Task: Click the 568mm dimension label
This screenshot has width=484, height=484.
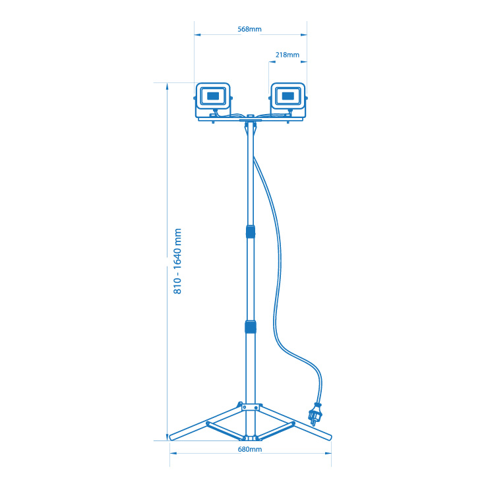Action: (249, 29)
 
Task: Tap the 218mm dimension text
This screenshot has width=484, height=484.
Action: (287, 55)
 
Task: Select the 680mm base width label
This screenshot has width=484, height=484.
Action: (250, 450)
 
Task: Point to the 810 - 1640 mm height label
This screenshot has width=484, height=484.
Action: (177, 261)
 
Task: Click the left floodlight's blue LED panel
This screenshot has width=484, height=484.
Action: (213, 96)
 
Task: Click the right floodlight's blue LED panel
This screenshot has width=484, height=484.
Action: (288, 96)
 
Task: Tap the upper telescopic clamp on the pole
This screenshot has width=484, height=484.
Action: (251, 231)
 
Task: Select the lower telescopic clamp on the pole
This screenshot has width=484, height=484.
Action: (251, 327)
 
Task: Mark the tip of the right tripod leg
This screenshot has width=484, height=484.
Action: (330, 437)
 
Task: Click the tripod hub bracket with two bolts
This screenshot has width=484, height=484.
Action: (251, 408)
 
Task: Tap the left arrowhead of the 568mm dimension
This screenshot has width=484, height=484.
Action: (197, 34)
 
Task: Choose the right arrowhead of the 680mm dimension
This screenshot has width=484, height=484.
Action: (328, 453)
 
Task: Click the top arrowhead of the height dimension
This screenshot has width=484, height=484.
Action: (167, 86)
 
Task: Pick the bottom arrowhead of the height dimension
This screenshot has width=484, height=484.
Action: (167, 437)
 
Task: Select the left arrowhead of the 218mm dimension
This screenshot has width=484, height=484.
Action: (272, 62)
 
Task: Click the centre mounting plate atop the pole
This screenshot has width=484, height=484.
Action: (251, 120)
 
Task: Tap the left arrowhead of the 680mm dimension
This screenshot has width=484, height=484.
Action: (173, 453)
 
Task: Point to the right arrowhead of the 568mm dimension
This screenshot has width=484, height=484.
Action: (304, 34)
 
